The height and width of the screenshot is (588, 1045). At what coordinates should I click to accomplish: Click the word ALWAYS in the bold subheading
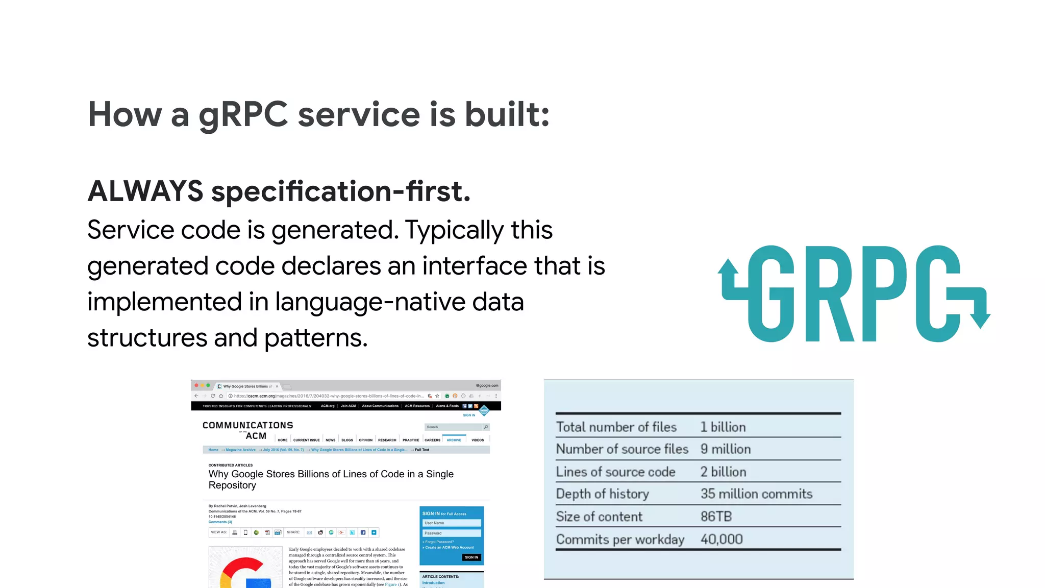[145, 191]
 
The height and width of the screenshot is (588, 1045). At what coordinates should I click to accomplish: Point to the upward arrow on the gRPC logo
[728, 267]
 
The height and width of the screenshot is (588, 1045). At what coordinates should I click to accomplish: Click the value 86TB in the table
[716, 517]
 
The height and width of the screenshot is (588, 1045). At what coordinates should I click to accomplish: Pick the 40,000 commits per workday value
[721, 539]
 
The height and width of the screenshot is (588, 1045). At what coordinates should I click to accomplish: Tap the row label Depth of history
[602, 494]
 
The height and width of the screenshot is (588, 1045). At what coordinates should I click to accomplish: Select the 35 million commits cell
[756, 494]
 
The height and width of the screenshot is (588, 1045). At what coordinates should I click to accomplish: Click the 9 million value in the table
[726, 449]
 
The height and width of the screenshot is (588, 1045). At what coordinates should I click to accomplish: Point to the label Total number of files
[616, 427]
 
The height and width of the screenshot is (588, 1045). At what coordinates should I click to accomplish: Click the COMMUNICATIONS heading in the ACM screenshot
[248, 425]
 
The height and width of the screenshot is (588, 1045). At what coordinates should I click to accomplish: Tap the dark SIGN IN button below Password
[471, 557]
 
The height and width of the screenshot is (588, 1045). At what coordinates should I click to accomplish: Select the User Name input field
[452, 523]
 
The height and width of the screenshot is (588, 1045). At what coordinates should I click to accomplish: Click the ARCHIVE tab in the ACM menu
[454, 439]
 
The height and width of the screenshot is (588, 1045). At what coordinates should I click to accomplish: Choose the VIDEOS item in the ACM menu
[478, 439]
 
